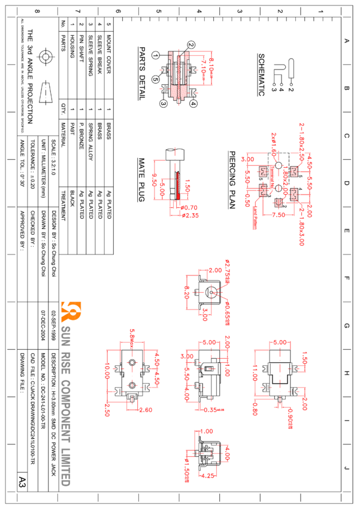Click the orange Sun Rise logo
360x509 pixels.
(x=71, y=311)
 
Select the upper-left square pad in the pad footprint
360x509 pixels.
(x=263, y=172)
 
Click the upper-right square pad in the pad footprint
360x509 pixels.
(x=294, y=172)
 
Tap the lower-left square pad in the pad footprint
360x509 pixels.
(x=263, y=191)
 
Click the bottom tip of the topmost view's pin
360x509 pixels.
(x=179, y=104)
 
